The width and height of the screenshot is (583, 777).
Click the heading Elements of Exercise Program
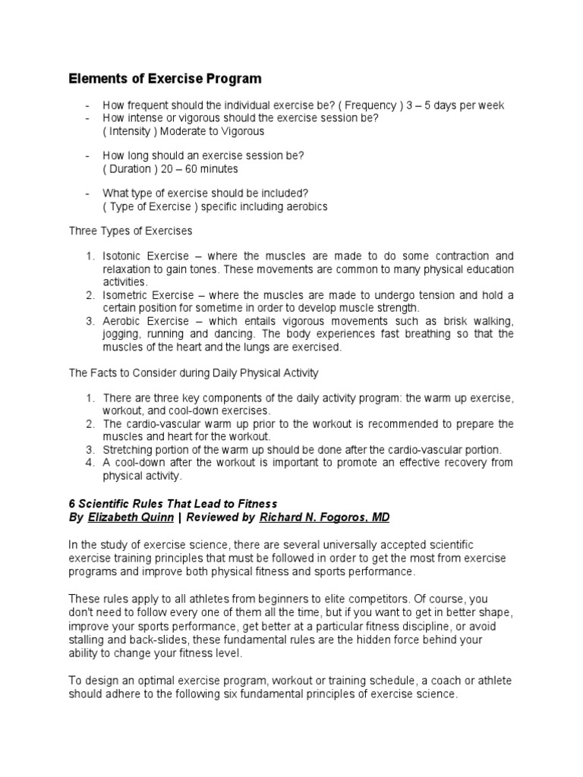click(165, 79)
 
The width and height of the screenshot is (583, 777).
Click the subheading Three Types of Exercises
click(131, 231)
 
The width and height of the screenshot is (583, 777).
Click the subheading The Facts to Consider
click(194, 373)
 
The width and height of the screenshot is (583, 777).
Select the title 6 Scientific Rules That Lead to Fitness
click(173, 503)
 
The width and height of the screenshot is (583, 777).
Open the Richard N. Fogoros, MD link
click(324, 517)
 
